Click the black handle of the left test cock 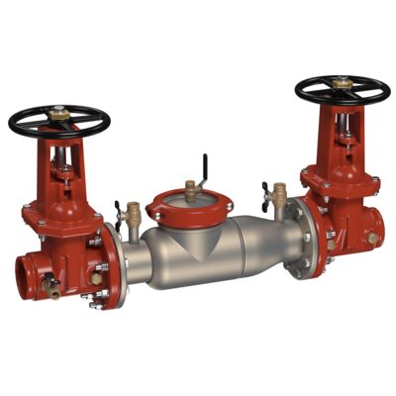(x=119, y=211)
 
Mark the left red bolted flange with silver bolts (x=111, y=265)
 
